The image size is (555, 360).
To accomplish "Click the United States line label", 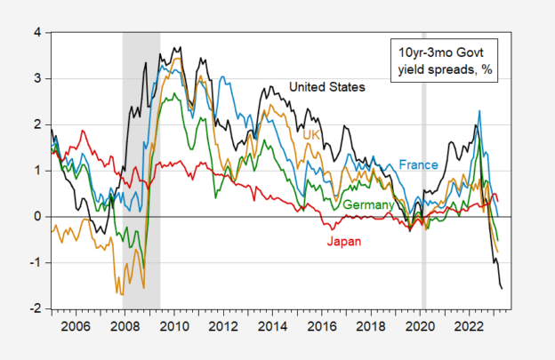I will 327,86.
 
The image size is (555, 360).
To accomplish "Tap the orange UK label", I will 311,134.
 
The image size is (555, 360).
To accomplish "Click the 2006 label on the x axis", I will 74,326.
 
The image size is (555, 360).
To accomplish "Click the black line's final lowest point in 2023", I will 501,288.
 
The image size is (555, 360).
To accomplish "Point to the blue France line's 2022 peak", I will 480,111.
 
